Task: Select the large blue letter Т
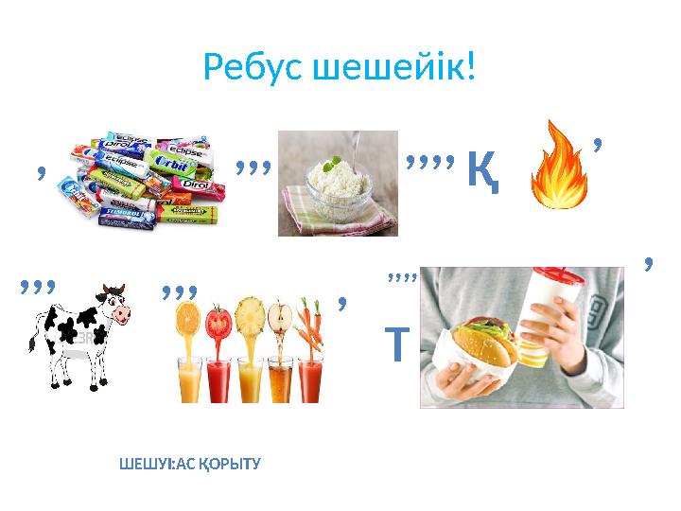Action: tap(395, 345)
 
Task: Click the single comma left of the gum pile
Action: tap(41, 171)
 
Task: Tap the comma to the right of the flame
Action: tap(599, 145)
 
